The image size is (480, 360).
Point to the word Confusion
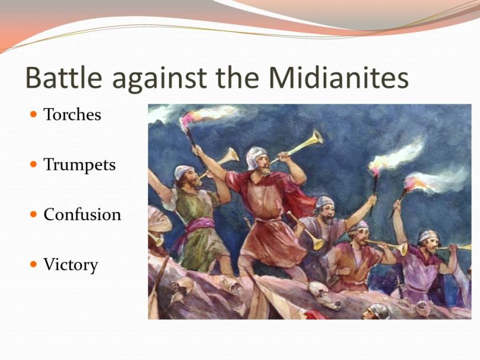coord(82,214)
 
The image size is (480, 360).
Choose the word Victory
coord(71,264)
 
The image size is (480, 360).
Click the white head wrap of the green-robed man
coord(183,171)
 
